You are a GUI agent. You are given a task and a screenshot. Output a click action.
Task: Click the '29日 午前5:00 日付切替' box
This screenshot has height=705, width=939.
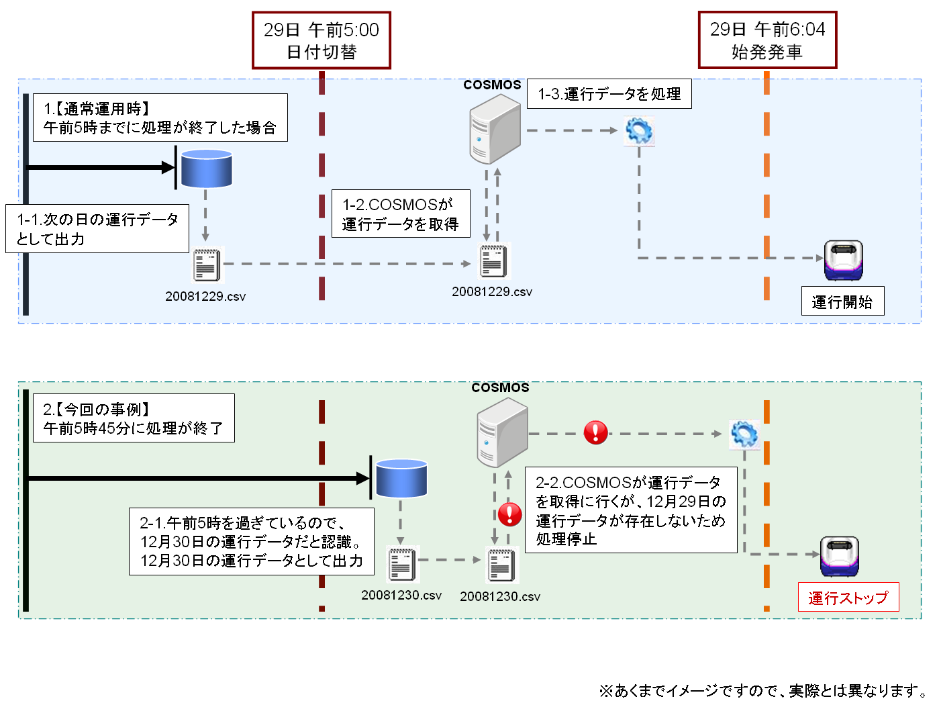(321, 40)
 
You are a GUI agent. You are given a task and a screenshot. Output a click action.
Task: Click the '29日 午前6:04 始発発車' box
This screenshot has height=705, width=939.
(767, 40)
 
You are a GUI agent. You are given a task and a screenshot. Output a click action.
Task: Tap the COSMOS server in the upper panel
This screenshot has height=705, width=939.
(495, 129)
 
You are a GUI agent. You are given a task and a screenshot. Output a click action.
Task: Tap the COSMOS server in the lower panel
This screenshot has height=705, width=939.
(503, 432)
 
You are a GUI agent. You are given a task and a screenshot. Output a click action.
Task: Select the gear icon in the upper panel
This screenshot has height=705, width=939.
(639, 130)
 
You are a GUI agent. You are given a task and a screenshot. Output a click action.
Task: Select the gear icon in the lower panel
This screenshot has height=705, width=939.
(744, 434)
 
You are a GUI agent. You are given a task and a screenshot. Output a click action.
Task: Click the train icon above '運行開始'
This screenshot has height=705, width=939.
(844, 261)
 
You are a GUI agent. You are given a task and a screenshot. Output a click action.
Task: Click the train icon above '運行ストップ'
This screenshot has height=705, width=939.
(840, 556)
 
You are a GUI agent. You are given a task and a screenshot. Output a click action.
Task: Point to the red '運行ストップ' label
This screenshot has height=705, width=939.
(848, 598)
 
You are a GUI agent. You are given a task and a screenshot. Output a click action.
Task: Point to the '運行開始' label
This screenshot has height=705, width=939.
(842, 301)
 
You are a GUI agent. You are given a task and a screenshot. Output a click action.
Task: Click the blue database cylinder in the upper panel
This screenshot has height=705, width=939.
(206, 169)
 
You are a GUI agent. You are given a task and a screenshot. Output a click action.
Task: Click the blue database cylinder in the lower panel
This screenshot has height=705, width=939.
(401, 479)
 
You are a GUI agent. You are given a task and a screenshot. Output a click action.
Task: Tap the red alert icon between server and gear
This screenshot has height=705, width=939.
(595, 432)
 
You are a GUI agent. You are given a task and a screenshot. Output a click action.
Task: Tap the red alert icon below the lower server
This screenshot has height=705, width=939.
(510, 514)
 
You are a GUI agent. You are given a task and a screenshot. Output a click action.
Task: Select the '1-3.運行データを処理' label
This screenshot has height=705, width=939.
(609, 94)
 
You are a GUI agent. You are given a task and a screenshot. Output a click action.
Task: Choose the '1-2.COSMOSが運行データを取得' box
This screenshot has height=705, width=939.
(401, 214)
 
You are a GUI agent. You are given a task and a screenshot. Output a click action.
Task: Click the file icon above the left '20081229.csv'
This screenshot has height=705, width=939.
(207, 265)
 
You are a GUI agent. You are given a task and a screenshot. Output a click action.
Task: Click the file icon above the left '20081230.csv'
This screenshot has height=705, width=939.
(402, 564)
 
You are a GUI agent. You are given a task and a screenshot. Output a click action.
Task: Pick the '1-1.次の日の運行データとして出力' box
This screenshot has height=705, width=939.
(97, 229)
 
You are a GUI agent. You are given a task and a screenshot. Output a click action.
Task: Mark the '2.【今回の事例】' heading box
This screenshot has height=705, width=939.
(134, 418)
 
